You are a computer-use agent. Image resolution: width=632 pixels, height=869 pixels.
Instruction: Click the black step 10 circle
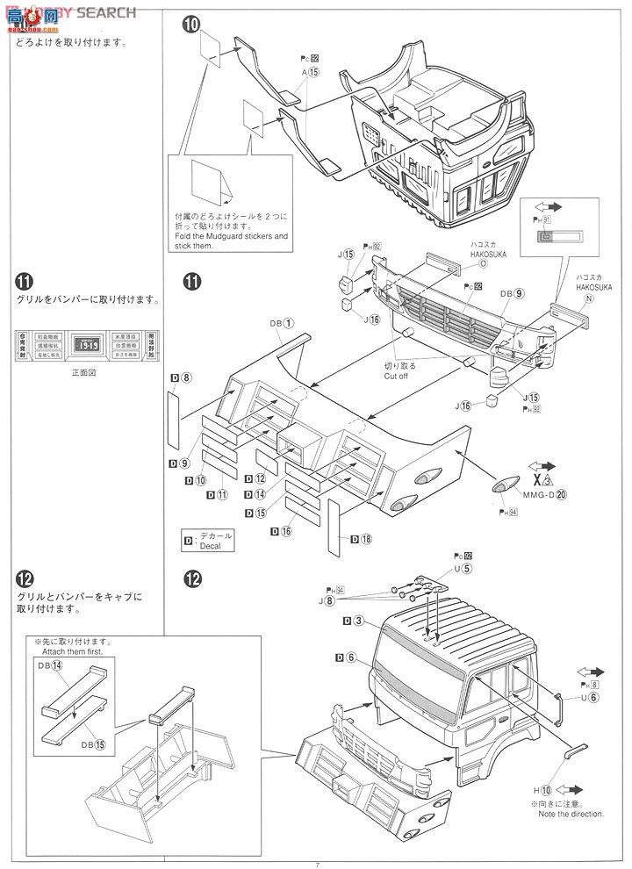tap(191, 25)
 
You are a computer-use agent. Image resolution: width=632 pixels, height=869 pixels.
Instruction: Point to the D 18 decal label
tap(360, 538)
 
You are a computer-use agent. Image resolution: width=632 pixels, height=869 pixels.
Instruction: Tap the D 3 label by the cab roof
tap(354, 621)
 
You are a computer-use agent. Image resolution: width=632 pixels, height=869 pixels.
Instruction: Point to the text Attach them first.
tap(86, 652)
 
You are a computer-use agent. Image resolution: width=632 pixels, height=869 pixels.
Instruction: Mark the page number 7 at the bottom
tap(317, 864)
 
